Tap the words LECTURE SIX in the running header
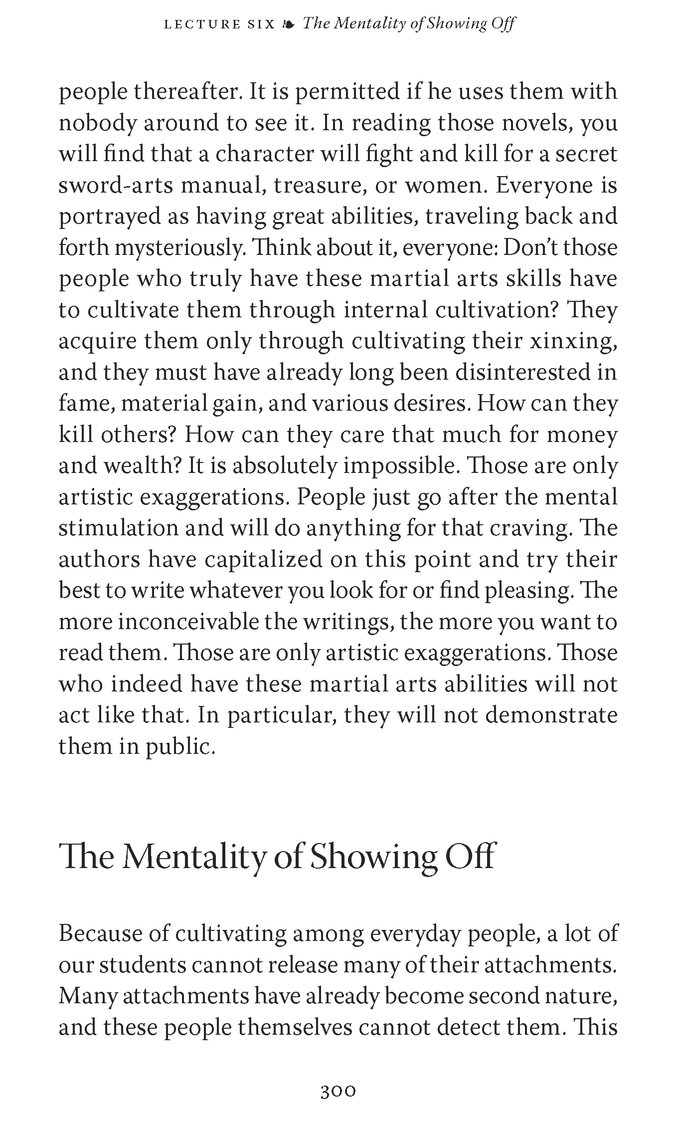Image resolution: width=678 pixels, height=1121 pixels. coord(219,24)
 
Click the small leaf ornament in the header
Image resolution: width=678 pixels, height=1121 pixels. coord(289,24)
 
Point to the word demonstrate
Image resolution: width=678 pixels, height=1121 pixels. coord(551,715)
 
